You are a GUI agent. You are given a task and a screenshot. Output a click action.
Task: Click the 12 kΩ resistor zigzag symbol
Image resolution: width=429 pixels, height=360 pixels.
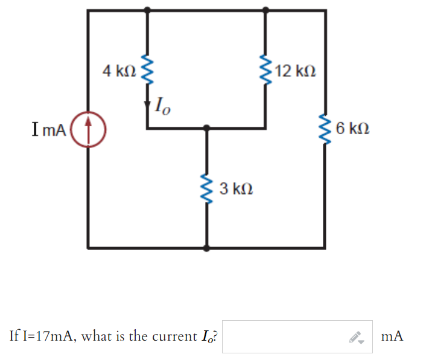266,71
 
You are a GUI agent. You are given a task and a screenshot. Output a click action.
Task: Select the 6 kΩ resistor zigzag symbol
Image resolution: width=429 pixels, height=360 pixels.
326,128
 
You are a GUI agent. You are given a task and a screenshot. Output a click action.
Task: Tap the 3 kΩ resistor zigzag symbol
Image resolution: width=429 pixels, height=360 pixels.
207,189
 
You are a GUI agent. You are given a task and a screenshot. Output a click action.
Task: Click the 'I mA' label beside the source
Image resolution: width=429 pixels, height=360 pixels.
47,129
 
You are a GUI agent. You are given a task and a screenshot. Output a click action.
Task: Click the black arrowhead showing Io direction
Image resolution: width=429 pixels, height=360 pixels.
147,104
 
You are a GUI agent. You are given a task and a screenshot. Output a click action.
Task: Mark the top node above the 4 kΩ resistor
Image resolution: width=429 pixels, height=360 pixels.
147,10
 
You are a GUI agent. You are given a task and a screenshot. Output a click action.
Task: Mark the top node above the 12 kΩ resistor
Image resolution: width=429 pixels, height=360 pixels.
266,10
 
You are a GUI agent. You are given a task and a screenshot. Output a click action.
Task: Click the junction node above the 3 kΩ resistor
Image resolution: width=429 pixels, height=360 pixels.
207,128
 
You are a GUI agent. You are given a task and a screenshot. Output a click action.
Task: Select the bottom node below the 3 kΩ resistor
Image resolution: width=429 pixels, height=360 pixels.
207,248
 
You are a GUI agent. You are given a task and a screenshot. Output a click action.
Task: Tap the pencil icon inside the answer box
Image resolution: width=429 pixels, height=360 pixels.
357,337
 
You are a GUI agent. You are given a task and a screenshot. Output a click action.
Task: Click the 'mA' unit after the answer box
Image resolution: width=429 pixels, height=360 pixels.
392,336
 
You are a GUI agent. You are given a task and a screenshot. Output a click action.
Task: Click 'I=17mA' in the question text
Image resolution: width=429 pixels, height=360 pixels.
40,336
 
